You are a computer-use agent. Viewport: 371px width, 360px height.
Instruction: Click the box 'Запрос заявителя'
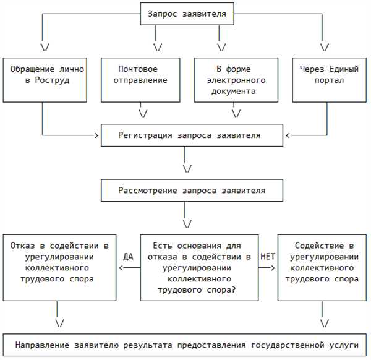tap(187, 14)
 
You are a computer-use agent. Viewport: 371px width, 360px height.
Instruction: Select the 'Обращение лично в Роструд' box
tap(45, 80)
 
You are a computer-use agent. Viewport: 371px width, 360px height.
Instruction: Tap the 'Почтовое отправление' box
tap(140, 80)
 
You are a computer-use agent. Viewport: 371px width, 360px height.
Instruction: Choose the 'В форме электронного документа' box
tap(236, 80)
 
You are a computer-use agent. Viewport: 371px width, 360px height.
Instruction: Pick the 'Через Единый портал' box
tap(330, 80)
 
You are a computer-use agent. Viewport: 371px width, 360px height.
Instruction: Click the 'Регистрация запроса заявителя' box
tap(192, 135)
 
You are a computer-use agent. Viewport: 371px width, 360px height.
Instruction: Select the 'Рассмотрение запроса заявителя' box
tap(192, 191)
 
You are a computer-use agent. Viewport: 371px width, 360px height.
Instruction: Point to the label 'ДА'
tap(128, 257)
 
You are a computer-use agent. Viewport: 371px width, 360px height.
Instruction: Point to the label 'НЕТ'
tap(268, 257)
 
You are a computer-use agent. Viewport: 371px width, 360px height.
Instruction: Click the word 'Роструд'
tap(53, 80)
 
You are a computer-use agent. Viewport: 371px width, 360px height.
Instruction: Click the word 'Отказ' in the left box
tap(22, 246)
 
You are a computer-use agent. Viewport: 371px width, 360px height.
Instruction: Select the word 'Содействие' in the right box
tap(320, 246)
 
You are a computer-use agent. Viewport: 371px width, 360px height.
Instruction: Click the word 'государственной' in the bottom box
tap(288, 345)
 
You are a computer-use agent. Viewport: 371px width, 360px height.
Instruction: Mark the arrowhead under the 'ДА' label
tap(121, 268)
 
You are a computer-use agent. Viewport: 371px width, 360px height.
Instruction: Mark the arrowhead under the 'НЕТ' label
tap(273, 268)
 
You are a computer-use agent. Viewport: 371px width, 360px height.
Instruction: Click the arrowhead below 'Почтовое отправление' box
tap(143, 114)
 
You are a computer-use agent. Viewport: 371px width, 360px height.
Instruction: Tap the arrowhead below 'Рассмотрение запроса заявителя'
tap(187, 224)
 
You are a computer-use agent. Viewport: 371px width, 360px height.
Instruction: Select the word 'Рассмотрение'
tap(148, 191)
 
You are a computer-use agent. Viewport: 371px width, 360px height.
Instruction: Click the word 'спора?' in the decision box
tap(221, 290)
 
